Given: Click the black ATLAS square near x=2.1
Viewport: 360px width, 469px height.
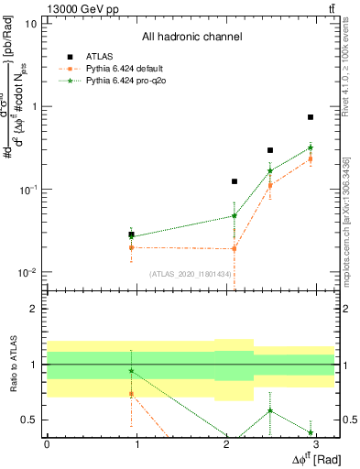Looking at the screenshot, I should tap(235, 181).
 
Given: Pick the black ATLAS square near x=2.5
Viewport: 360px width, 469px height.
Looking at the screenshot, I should tap(270, 150).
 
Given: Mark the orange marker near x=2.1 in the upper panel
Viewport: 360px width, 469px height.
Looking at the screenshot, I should tap(235, 248).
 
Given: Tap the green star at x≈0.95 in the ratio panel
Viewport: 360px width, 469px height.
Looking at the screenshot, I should tap(132, 371).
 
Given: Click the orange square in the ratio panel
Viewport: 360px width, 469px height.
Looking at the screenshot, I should tap(132, 393).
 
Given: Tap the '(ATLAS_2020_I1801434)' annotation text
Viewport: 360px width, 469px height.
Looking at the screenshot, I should tap(190, 275).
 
